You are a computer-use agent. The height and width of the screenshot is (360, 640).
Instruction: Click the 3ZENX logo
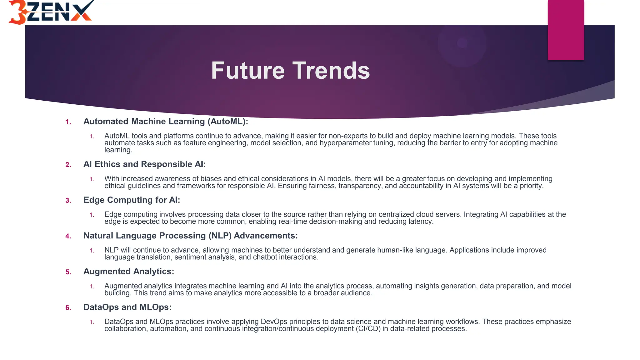(50, 12)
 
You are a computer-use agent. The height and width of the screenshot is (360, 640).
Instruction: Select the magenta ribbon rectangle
(566, 30)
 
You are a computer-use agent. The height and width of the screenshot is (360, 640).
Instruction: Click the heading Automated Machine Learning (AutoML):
(166, 122)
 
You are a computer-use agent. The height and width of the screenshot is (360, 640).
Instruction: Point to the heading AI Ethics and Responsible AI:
(144, 164)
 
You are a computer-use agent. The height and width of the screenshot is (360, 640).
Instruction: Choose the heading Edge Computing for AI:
(132, 200)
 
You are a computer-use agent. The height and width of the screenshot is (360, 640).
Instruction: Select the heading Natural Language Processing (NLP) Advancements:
(190, 236)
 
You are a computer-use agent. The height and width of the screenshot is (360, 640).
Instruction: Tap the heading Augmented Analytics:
(128, 272)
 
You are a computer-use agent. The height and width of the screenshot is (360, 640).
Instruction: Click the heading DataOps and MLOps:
(127, 307)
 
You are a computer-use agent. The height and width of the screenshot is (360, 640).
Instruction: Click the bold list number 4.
(68, 236)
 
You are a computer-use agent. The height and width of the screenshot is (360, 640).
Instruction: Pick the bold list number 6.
(68, 308)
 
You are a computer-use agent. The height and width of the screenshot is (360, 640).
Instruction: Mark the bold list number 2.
(68, 165)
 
